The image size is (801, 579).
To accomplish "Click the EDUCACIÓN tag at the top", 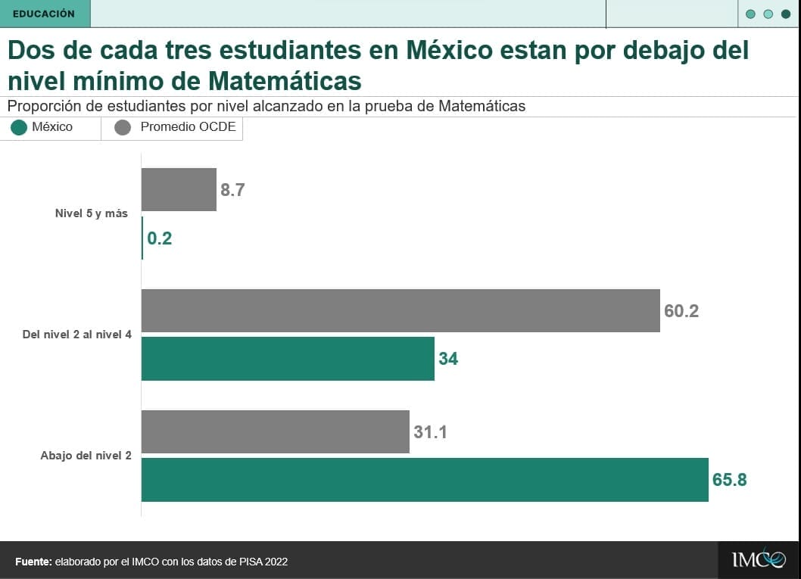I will [44, 14].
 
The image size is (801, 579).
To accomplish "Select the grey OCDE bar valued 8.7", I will [179, 189].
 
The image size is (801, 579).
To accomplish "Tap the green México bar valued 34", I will [288, 359].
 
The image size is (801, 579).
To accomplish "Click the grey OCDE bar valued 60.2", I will [400, 310].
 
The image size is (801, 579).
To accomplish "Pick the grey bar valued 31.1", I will [275, 431].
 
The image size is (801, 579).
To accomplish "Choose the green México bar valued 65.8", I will [425, 480].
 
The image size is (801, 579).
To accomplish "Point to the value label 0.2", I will [160, 238].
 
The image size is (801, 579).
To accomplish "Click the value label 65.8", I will [729, 480].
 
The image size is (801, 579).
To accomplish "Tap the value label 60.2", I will [681, 311].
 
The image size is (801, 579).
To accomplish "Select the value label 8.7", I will [232, 190].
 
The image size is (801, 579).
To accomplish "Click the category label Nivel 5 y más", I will [91, 213].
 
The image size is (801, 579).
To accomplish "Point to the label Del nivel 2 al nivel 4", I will [77, 335].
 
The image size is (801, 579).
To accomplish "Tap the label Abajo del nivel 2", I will [86, 456].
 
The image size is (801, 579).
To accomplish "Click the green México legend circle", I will [19, 128].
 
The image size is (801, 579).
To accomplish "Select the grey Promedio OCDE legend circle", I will [123, 128].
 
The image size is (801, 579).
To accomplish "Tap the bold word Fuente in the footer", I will [33, 562].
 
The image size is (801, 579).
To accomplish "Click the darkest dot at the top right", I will [785, 14].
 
